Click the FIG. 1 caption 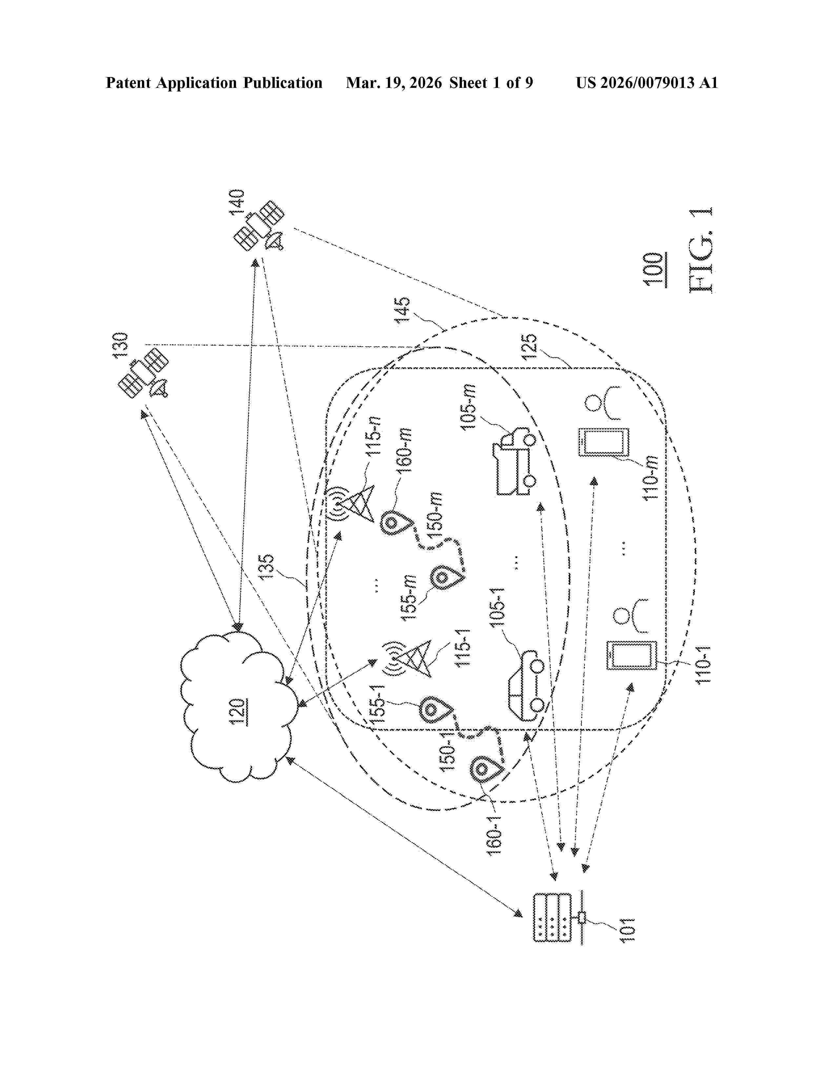pyautogui.click(x=701, y=250)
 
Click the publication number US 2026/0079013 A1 pyautogui.click(x=646, y=83)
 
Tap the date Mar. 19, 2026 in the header pyautogui.click(x=394, y=83)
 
